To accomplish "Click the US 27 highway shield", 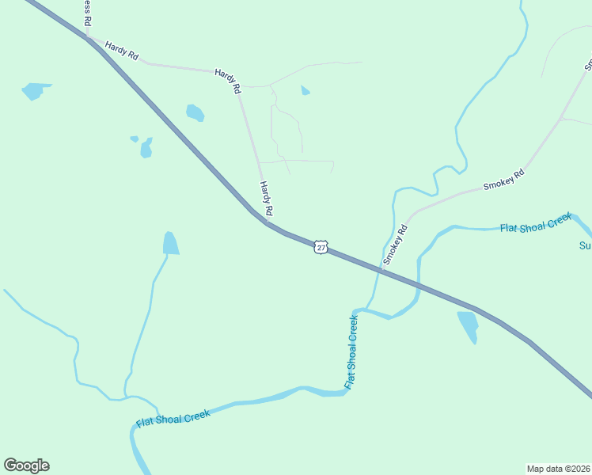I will (320, 247).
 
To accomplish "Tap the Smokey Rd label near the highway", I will (394, 245).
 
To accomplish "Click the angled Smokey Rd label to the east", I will (504, 180).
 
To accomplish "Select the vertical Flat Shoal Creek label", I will (352, 351).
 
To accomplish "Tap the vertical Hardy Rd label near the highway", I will (267, 199).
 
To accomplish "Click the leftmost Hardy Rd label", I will (122, 52).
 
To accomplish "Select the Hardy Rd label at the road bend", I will (228, 81).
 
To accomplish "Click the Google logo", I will (26, 465).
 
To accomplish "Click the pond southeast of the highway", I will (469, 325).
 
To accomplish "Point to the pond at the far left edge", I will (34, 90).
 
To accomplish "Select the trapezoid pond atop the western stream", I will (170, 243).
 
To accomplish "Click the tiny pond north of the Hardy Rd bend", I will (305, 91).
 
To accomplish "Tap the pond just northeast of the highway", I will (195, 113).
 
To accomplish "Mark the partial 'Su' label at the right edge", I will (585, 245).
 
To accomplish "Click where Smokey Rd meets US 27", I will (381, 271).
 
